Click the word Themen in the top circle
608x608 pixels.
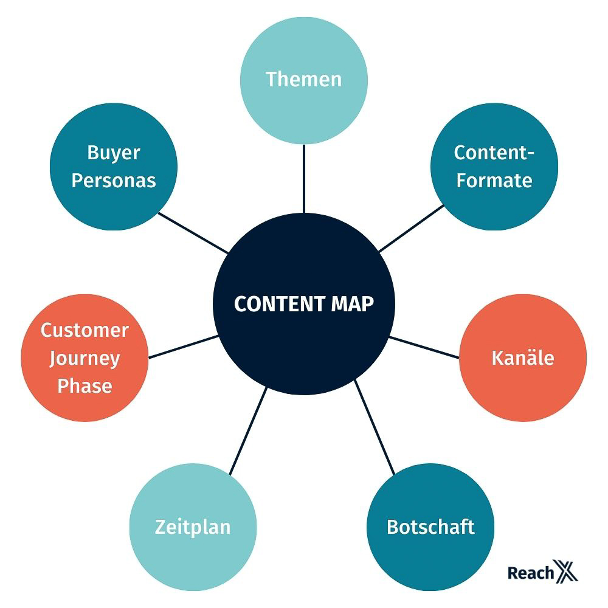(x=304, y=79)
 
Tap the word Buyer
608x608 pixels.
(x=114, y=153)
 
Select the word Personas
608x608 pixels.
(x=114, y=181)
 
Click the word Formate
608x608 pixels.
(x=494, y=181)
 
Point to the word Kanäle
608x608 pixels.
(x=523, y=358)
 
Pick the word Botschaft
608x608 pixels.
(x=430, y=527)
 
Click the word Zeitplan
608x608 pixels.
(x=193, y=527)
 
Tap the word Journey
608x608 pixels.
(x=85, y=359)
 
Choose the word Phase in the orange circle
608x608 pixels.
(x=85, y=385)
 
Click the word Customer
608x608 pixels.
(x=85, y=331)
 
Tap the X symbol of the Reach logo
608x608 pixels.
(x=567, y=572)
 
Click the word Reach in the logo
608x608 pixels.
(x=531, y=573)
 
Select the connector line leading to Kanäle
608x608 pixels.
(x=424, y=347)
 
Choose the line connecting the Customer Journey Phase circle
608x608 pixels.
(x=183, y=347)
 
